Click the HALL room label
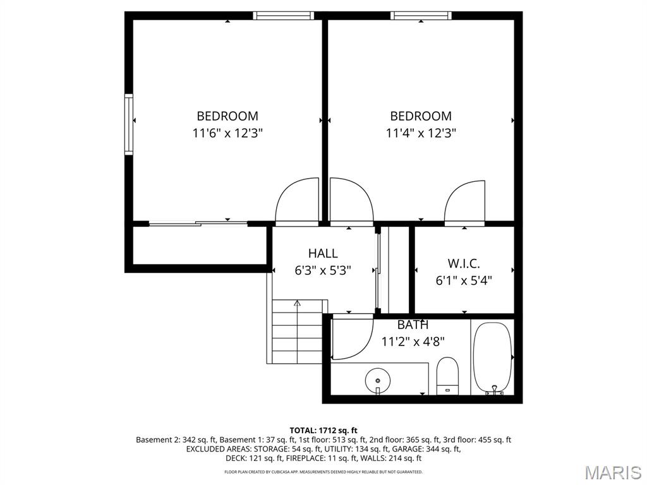point(323,253)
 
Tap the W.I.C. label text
point(464,263)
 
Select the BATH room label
point(413,325)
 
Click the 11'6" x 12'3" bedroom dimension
point(227,133)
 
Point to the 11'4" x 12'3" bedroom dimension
point(421,133)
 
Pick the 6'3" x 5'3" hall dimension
point(323,270)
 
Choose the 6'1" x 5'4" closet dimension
point(464,280)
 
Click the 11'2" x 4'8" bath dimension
point(413,342)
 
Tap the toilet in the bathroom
point(448,376)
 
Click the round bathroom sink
point(378,380)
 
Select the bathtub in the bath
point(493,358)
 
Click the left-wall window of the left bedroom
point(129,124)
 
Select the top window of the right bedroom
point(421,16)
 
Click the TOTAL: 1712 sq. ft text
point(323,431)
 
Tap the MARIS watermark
point(613,472)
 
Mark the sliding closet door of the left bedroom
point(198,224)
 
